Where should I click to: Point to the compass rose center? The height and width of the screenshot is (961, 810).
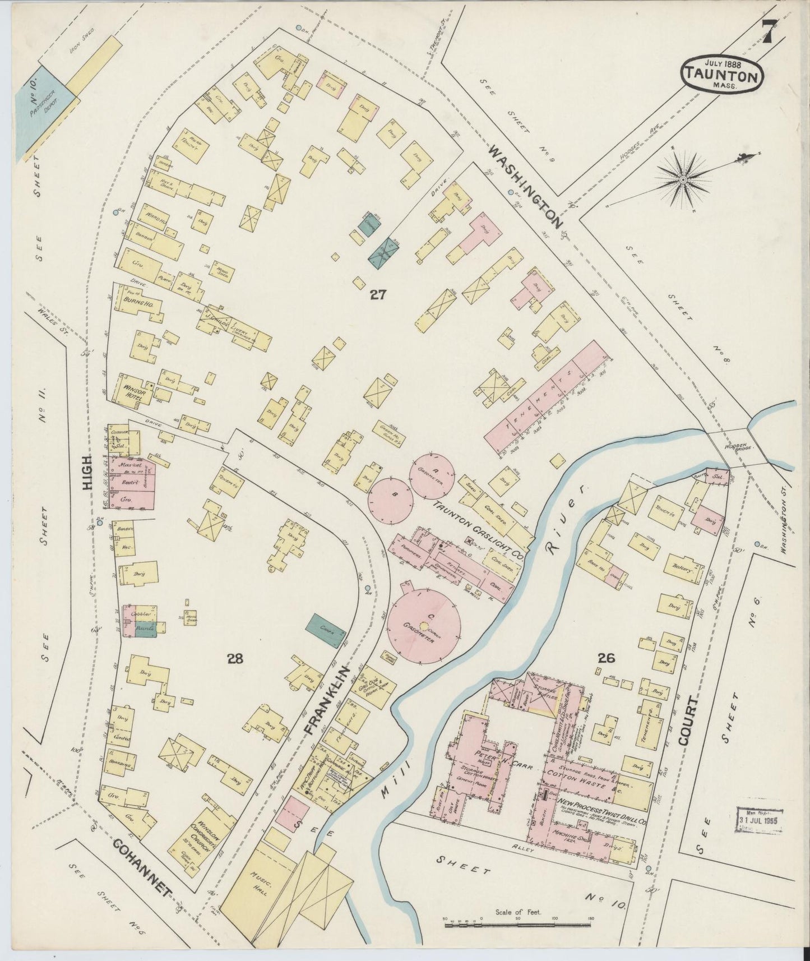coord(683,179)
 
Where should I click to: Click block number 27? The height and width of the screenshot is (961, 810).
coord(377,294)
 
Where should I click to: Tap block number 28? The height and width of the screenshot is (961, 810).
coord(235,658)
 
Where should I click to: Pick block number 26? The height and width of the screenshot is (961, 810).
coord(607,658)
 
